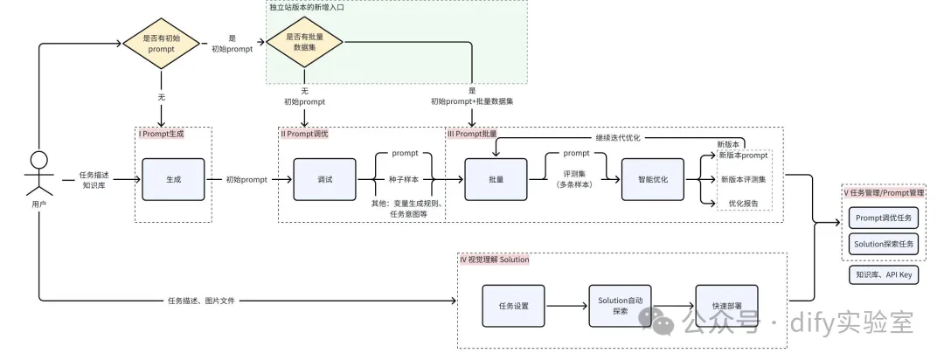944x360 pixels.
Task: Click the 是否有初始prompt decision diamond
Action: pos(161,44)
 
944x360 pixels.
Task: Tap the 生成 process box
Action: pos(173,179)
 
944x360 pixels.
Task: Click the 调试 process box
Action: pos(324,179)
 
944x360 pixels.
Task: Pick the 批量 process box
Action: pos(496,179)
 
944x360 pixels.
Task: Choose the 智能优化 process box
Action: pos(652,179)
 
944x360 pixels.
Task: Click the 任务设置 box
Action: pos(513,306)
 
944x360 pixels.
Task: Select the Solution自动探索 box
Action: pos(620,306)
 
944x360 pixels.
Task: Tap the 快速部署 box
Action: pos(726,306)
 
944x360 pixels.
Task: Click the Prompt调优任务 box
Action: pos(883,218)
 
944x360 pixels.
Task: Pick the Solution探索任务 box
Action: pos(883,244)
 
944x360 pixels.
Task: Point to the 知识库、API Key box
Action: pos(883,274)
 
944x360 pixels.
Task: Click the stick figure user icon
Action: pos(38,174)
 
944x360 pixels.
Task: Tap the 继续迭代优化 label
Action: pos(618,137)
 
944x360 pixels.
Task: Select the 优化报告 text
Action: pos(743,203)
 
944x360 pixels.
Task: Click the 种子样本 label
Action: pos(405,179)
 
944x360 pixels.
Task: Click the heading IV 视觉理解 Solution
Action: pos(494,260)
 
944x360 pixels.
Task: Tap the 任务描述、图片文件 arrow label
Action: pos(205,301)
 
